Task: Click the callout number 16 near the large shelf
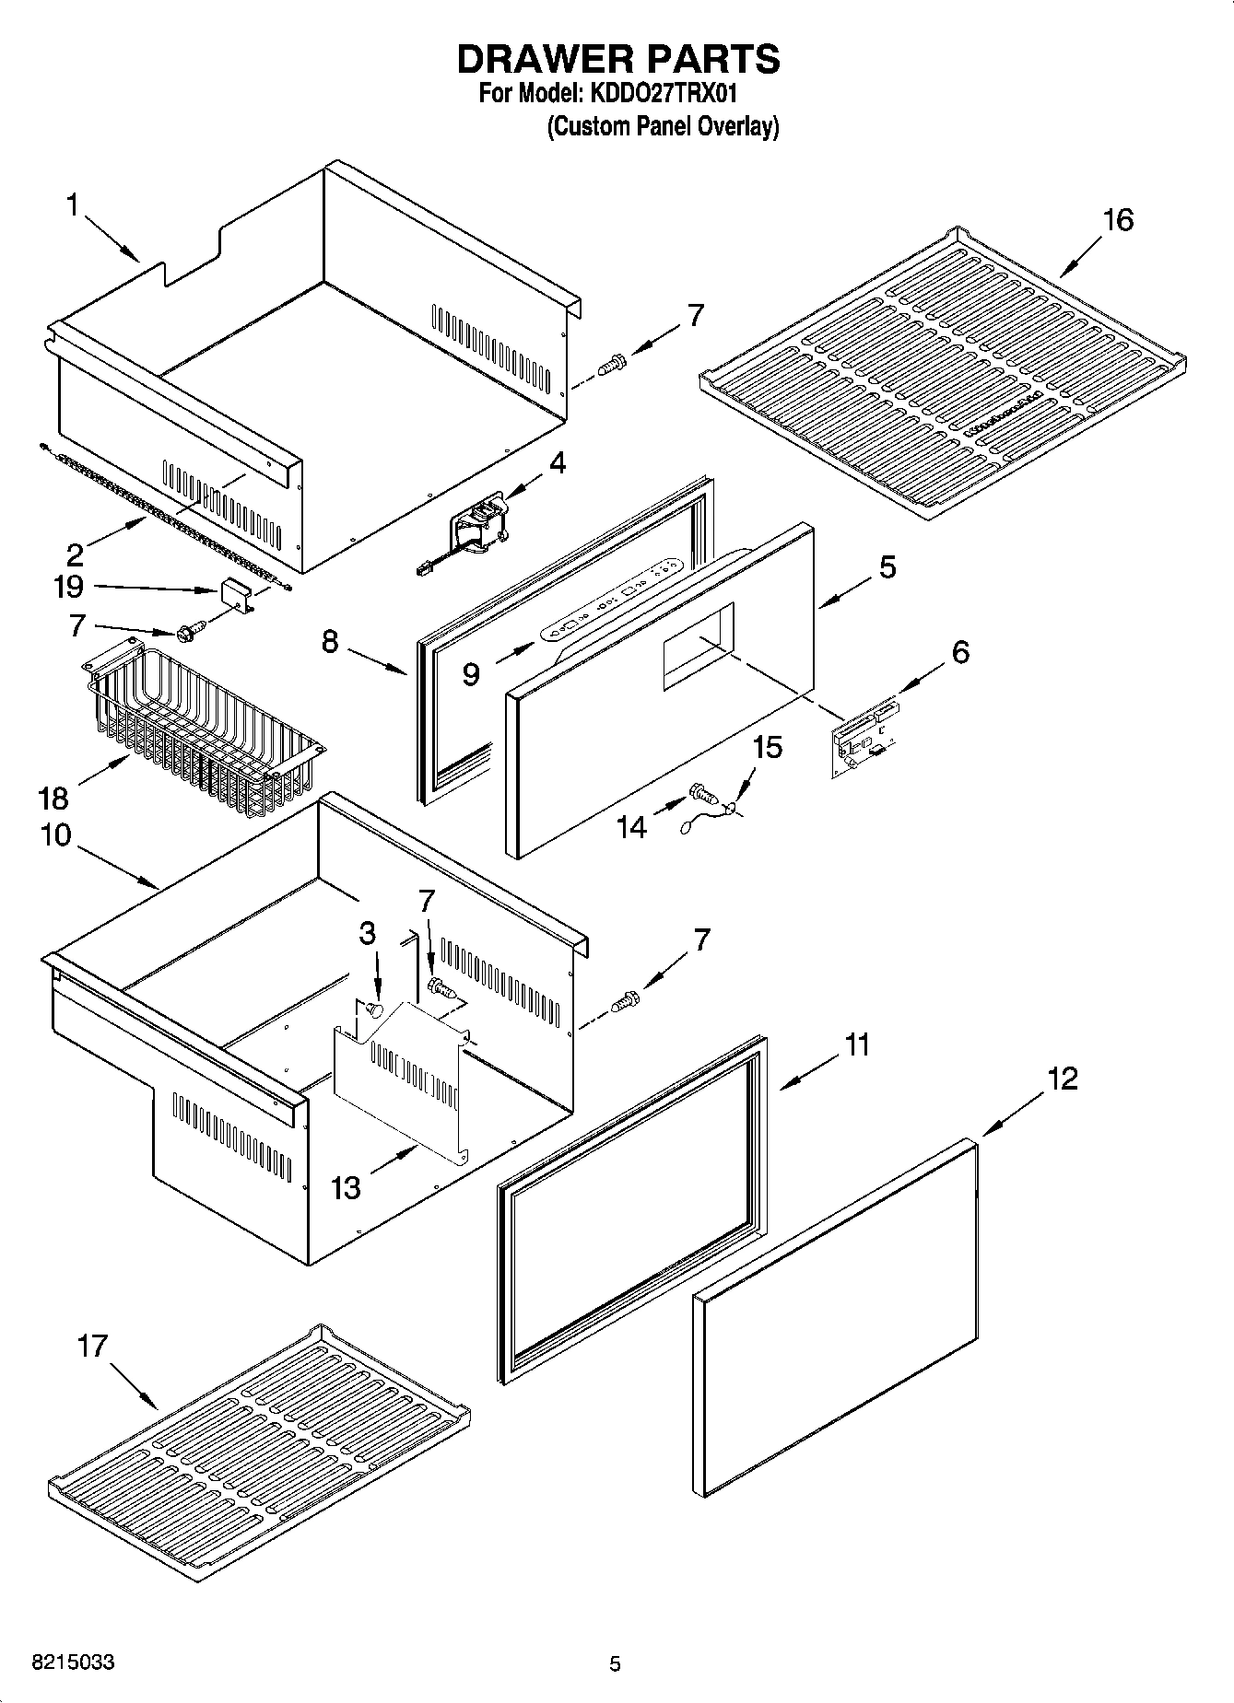[1117, 220]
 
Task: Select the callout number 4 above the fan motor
[558, 462]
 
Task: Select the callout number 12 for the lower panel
[1062, 1078]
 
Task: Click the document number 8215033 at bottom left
[74, 1662]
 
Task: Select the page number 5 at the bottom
[615, 1663]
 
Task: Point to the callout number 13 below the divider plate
[346, 1188]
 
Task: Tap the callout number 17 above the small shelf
[92, 1347]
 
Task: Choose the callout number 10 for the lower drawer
[55, 835]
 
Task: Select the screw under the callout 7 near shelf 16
[611, 365]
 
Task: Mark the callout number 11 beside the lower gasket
[857, 1045]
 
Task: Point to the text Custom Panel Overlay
[663, 126]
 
